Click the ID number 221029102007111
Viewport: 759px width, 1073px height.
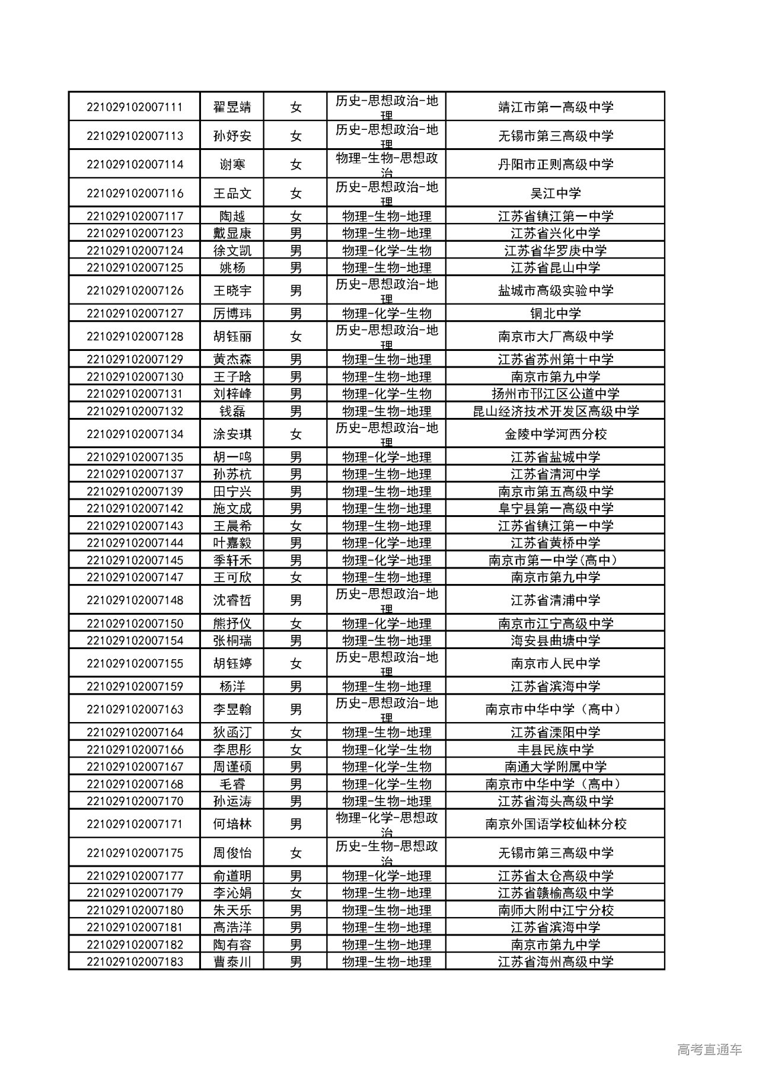pyautogui.click(x=134, y=107)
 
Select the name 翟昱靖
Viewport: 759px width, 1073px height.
pyautogui.click(x=232, y=107)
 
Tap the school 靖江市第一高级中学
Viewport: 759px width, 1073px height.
pyautogui.click(x=556, y=107)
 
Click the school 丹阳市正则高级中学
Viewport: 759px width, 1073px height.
pyautogui.click(x=556, y=164)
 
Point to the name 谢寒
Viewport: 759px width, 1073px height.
pyautogui.click(x=232, y=164)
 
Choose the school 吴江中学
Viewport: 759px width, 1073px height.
pyautogui.click(x=556, y=193)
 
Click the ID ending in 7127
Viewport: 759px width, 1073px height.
pyautogui.click(x=134, y=314)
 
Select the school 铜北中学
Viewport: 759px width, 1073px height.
pyautogui.click(x=556, y=314)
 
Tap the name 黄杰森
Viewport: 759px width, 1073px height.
pyautogui.click(x=232, y=359)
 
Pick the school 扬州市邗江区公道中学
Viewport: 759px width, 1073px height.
pyautogui.click(x=556, y=394)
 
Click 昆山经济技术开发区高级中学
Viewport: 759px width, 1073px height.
pyautogui.click(x=556, y=411)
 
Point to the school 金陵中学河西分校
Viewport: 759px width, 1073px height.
pyautogui.click(x=556, y=434)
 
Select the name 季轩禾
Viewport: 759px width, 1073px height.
pyautogui.click(x=232, y=560)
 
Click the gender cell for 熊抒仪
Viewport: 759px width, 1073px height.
pyautogui.click(x=295, y=624)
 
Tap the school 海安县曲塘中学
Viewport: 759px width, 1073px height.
pyautogui.click(x=556, y=641)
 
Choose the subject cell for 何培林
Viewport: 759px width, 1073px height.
pyautogui.click(x=387, y=824)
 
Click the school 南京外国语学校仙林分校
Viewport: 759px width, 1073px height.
pyautogui.click(x=556, y=824)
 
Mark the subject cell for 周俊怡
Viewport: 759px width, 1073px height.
pyautogui.click(x=387, y=853)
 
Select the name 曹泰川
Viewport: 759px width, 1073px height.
pyautogui.click(x=232, y=962)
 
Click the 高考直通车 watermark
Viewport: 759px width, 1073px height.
pyautogui.click(x=709, y=1050)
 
